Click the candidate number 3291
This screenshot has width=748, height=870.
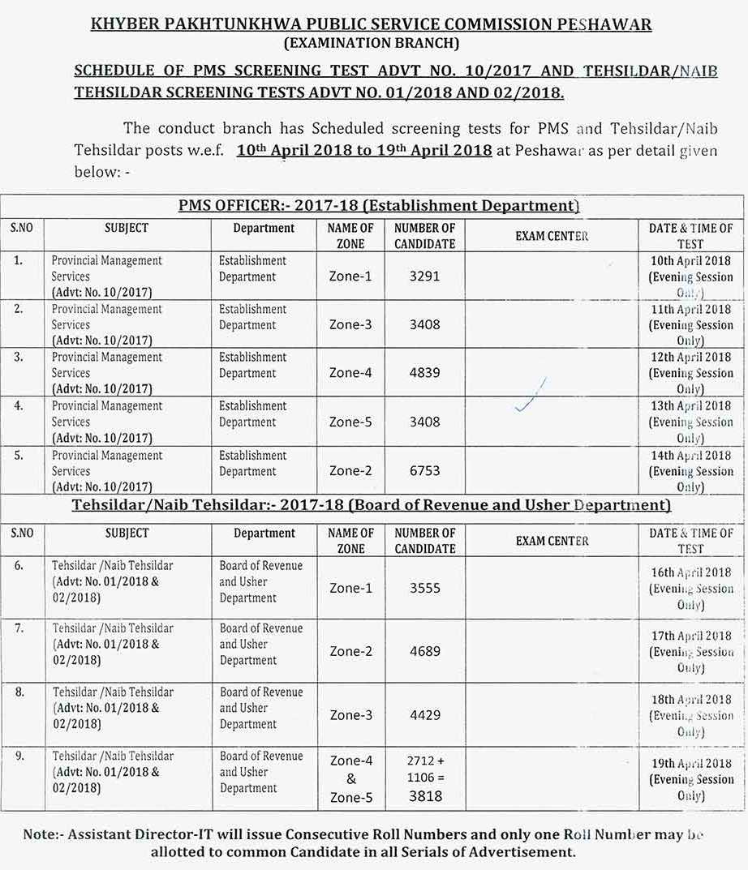(x=424, y=276)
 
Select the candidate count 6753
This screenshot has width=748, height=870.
(x=424, y=470)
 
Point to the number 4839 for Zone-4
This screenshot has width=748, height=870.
(x=424, y=373)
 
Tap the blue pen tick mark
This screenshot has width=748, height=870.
(x=531, y=396)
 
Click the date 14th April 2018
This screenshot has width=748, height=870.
(x=690, y=456)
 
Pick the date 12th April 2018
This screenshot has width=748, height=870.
(x=690, y=358)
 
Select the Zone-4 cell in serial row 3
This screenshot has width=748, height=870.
(x=350, y=373)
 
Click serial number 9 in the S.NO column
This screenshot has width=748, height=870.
(x=19, y=756)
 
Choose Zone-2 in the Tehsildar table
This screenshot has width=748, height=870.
(x=350, y=651)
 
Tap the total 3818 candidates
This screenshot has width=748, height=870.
(x=425, y=796)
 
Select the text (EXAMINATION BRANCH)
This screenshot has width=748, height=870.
(x=372, y=43)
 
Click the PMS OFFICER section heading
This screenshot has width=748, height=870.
(x=378, y=206)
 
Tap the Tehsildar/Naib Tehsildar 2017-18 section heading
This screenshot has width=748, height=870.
(x=372, y=506)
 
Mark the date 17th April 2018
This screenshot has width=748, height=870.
(x=690, y=636)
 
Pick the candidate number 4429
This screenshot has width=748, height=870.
(x=424, y=715)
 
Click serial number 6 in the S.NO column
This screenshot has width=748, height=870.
(x=19, y=566)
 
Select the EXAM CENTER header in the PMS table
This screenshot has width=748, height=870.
(x=552, y=236)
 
